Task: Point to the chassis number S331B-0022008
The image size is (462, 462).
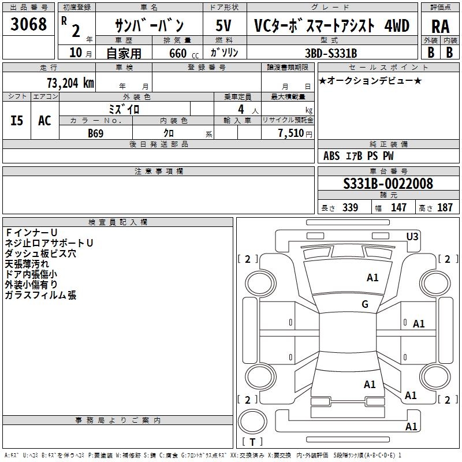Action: click(x=388, y=184)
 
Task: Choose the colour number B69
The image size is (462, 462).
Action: click(x=96, y=133)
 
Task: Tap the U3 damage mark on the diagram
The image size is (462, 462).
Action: click(x=412, y=236)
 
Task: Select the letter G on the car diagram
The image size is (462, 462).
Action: click(x=365, y=304)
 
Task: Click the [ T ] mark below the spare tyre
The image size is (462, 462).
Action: click(x=252, y=442)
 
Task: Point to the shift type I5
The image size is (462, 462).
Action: click(x=17, y=120)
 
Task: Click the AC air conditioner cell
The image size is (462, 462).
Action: click(x=44, y=120)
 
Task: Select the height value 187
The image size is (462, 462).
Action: click(x=445, y=208)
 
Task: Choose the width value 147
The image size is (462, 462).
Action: click(x=398, y=208)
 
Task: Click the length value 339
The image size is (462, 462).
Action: click(x=350, y=208)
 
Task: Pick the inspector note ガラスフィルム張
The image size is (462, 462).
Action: click(x=40, y=295)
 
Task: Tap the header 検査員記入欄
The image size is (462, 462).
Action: click(x=118, y=222)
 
